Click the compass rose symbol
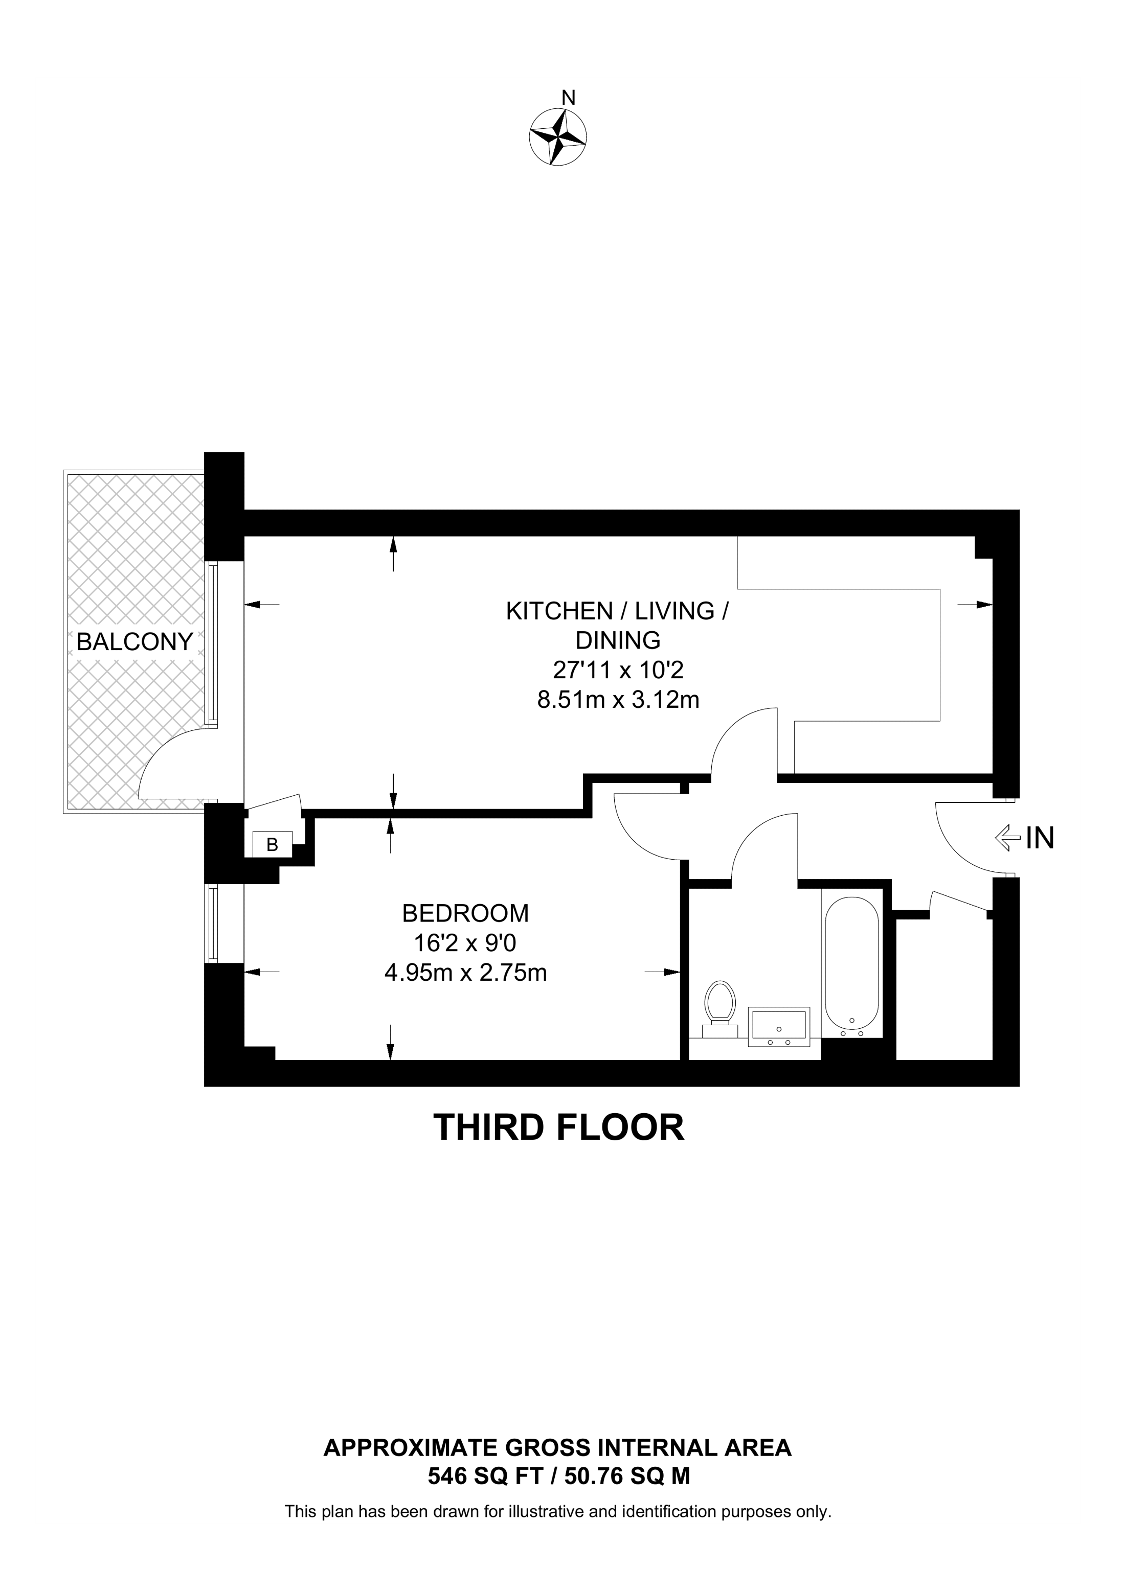pos(557,136)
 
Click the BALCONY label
pos(134,642)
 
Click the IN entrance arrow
pos(1008,839)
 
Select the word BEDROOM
pos(465,913)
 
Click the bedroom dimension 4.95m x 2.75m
pos(466,973)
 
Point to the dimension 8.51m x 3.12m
pos(618,700)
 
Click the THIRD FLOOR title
pos(559,1127)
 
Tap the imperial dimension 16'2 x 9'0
pos(465,943)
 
